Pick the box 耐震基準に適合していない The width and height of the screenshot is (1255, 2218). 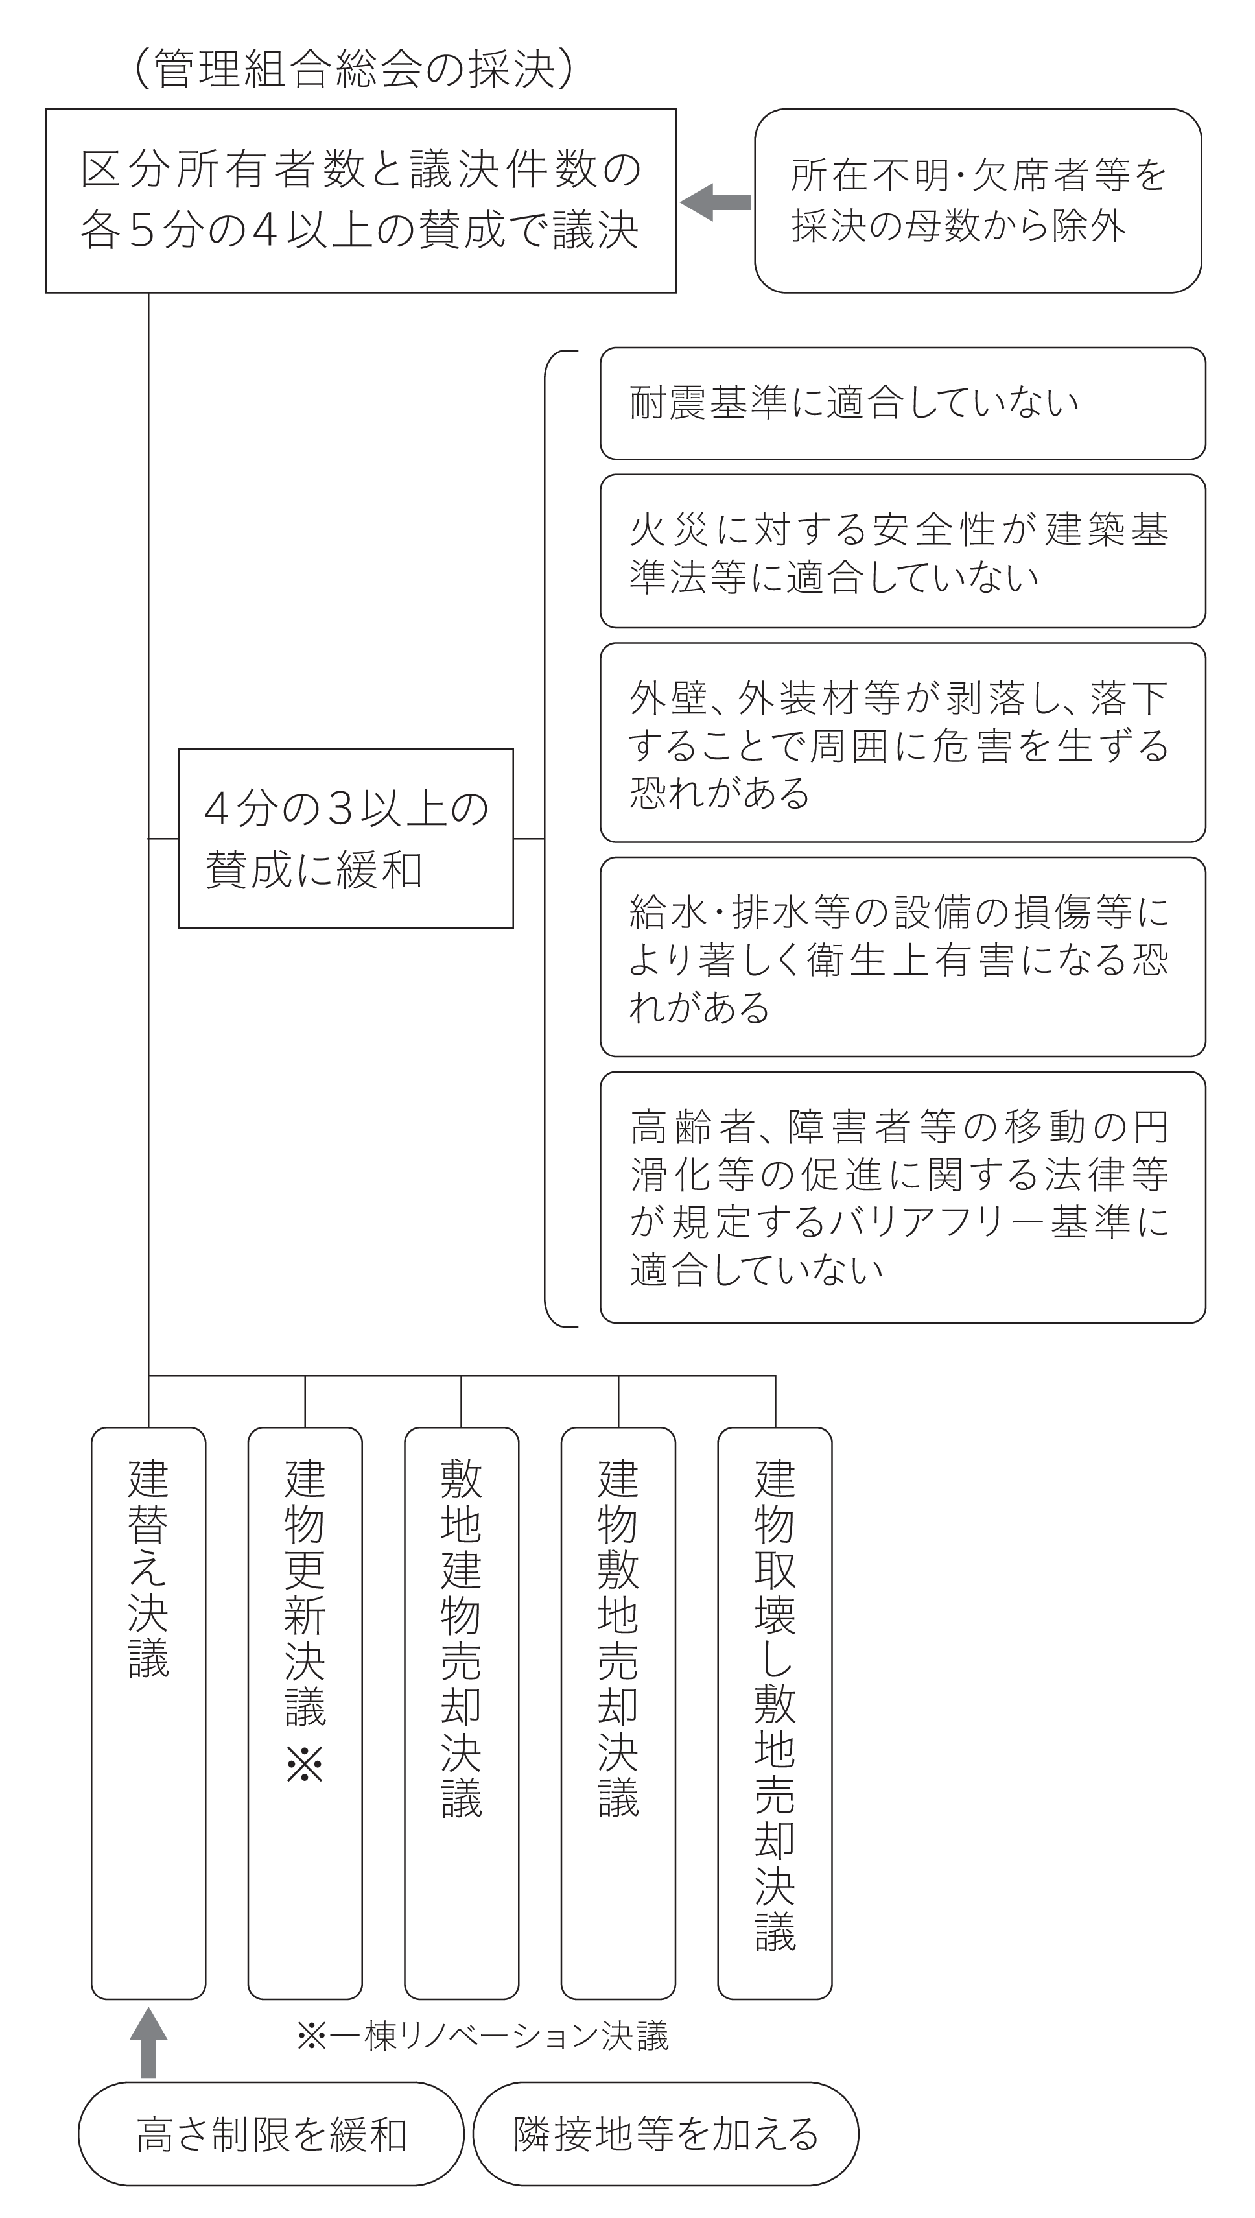[902, 403]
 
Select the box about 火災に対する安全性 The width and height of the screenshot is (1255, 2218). [902, 551]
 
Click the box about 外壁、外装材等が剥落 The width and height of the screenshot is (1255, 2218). [902, 743]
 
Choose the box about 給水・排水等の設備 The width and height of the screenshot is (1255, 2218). [902, 957]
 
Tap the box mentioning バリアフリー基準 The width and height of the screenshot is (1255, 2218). [902, 1197]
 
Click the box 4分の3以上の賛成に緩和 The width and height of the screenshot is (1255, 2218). [346, 838]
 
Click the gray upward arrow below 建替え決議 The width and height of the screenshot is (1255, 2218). [148, 2042]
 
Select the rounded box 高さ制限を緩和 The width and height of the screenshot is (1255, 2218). [272, 2134]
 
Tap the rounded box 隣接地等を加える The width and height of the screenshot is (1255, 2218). [666, 2134]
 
